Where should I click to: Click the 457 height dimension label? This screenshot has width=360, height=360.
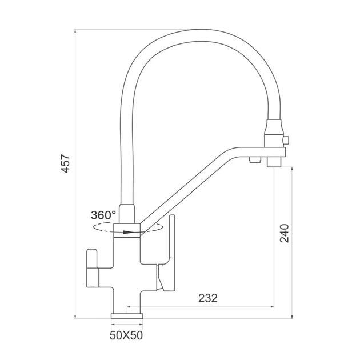(x=65, y=163)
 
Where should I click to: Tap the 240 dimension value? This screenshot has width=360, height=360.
(x=284, y=233)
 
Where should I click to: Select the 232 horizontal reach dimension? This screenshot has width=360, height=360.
(x=207, y=298)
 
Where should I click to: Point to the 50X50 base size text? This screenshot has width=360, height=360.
(x=126, y=335)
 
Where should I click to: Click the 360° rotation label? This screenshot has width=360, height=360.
(x=103, y=215)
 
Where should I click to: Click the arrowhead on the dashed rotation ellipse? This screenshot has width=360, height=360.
(x=127, y=232)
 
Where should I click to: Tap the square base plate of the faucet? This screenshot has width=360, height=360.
(x=127, y=316)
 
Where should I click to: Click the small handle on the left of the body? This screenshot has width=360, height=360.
(x=93, y=268)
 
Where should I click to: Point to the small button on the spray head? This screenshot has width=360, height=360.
(x=286, y=140)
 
